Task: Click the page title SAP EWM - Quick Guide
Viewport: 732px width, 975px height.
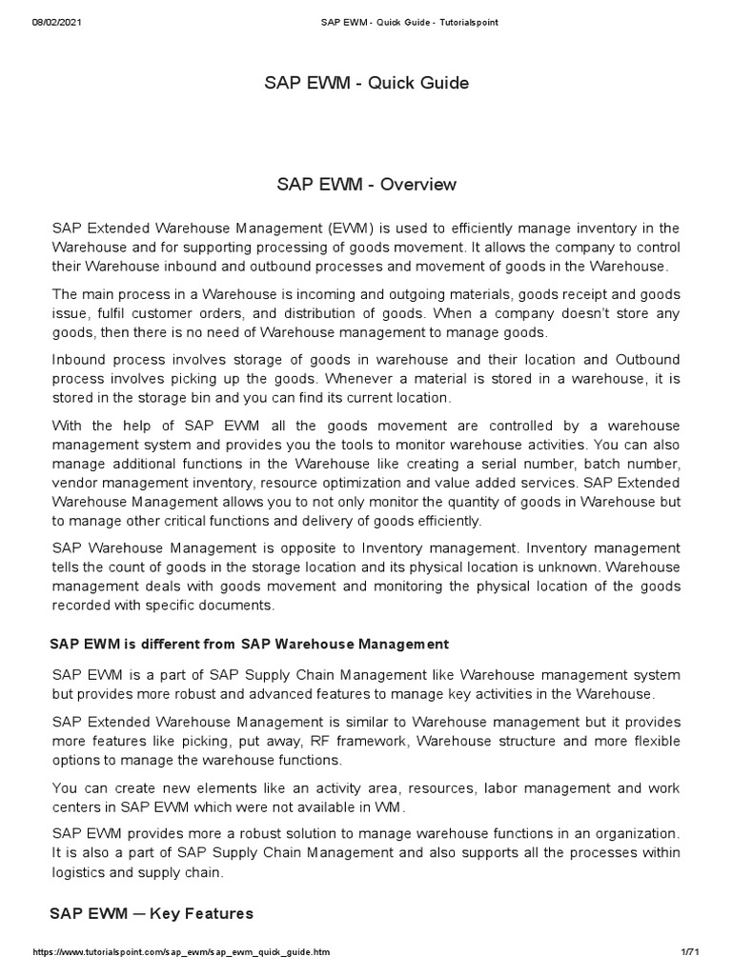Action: pos(366,83)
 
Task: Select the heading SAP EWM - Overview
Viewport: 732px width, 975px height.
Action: pos(366,184)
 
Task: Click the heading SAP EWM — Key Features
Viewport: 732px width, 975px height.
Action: pos(151,914)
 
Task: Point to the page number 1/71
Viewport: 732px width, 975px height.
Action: pos(690,952)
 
